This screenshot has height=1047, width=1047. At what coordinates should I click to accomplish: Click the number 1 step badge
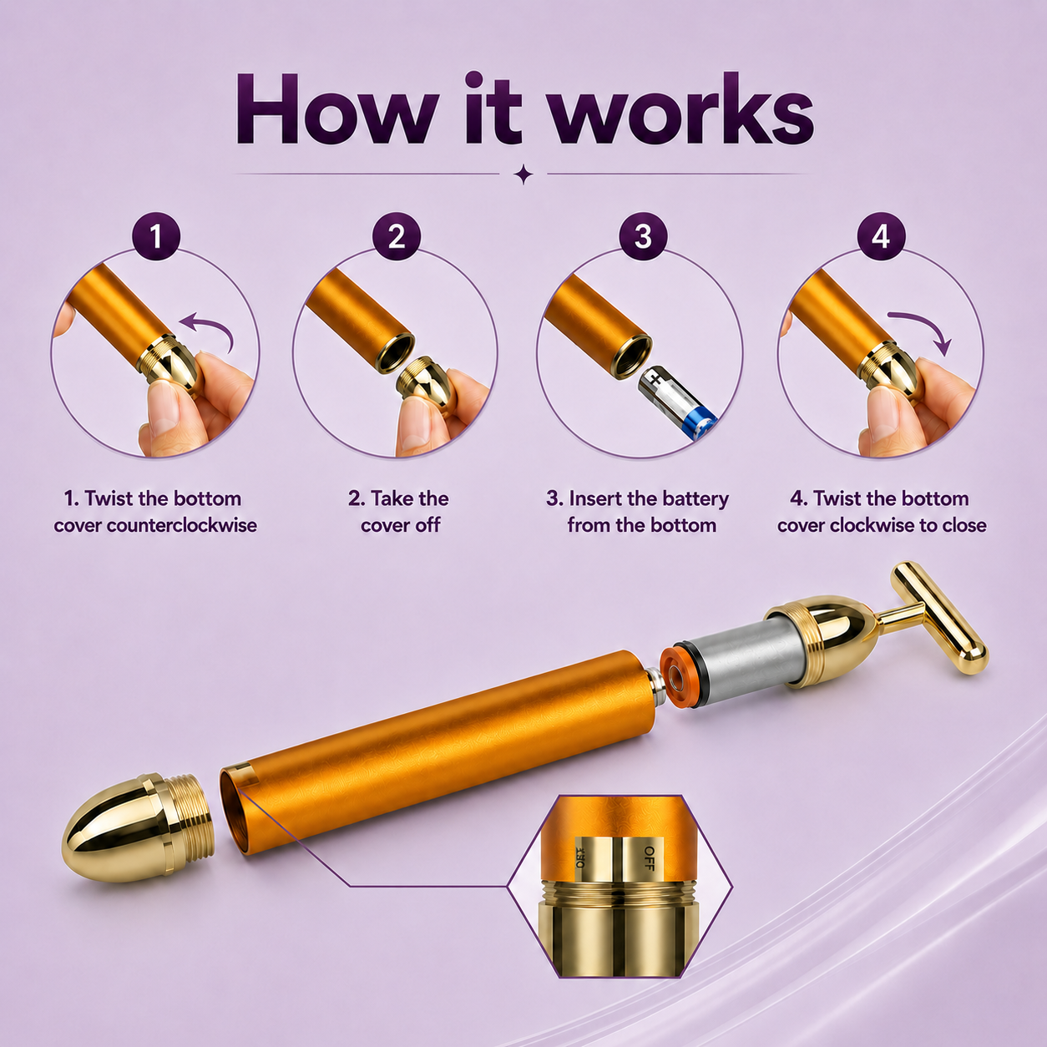coord(156,236)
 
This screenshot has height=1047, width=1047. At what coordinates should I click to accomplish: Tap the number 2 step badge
coord(397,236)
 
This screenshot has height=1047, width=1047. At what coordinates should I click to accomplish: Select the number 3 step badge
coord(643,236)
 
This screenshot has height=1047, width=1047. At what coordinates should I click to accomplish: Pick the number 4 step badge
coord(881,236)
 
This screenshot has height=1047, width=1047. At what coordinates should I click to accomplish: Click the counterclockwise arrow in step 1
coord(213,321)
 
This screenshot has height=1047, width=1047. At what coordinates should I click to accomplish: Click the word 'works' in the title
coord(682,109)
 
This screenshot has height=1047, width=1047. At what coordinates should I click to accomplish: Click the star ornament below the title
coord(523,174)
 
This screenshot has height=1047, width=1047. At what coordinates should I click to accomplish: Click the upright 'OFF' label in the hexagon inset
coord(649,858)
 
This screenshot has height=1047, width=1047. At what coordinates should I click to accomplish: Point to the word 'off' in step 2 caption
coord(426,525)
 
